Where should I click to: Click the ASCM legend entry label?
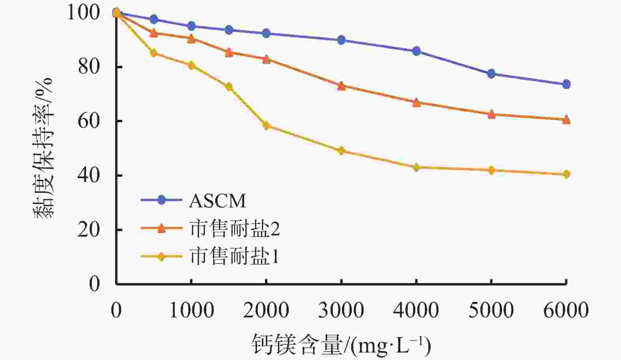pyautogui.click(x=217, y=201)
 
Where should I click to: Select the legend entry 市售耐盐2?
pyautogui.click(x=234, y=229)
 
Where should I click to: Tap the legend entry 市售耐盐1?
pyautogui.click(x=234, y=257)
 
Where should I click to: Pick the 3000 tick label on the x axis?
pyautogui.click(x=341, y=310)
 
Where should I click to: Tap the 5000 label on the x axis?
pyautogui.click(x=491, y=310)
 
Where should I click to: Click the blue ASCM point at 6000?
pyautogui.click(x=566, y=84)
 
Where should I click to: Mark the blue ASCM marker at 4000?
pyautogui.click(x=416, y=51)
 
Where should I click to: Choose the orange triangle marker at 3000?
pyautogui.click(x=341, y=86)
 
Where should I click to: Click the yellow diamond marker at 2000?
pyautogui.click(x=267, y=126)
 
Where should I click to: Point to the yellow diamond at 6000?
pyautogui.click(x=566, y=174)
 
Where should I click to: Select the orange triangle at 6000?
pyautogui.click(x=566, y=119)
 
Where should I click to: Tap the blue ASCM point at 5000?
pyautogui.click(x=491, y=74)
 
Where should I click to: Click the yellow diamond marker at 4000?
pyautogui.click(x=416, y=167)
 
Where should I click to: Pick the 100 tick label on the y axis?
pyautogui.click(x=84, y=12)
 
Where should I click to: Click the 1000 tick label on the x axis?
pyautogui.click(x=192, y=310)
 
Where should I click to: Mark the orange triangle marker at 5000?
pyautogui.click(x=491, y=114)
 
